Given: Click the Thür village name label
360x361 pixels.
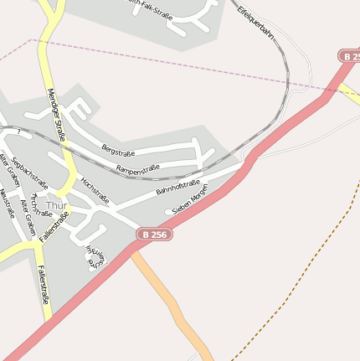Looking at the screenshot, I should pyautogui.click(x=57, y=205).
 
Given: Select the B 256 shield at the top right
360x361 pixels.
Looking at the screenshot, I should pyautogui.click(x=350, y=56).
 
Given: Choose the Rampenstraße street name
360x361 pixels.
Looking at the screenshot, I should pyautogui.click(x=137, y=170).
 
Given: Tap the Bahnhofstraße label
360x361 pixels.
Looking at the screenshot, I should pyautogui.click(x=177, y=188).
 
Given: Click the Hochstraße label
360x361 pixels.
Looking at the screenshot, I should pyautogui.click(x=95, y=190).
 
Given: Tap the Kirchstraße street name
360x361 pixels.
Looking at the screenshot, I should pyautogui.click(x=40, y=206).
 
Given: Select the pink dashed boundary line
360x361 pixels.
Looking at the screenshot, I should pyautogui.click(x=167, y=62).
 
